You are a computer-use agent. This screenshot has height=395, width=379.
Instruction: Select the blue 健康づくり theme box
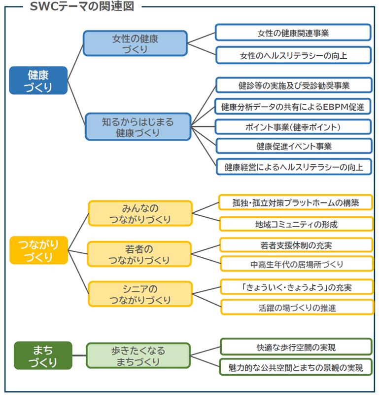(38, 80)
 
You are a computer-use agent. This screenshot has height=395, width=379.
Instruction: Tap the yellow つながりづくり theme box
(38, 250)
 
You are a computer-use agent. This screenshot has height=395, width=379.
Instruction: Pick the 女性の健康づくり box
(135, 43)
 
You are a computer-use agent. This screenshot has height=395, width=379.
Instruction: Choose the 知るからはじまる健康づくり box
(138, 126)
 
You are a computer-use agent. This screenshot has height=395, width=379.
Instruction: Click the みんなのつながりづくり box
(140, 213)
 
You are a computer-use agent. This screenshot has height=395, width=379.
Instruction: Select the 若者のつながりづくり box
(140, 254)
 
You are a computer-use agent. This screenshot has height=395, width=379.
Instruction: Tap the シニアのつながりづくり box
(140, 294)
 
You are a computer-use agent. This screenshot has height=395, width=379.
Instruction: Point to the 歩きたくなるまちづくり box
(138, 355)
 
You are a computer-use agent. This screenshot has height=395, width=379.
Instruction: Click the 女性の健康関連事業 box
(293, 33)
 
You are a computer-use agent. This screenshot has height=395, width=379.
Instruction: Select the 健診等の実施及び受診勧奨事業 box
(293, 84)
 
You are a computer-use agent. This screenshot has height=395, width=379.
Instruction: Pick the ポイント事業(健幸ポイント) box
(293, 126)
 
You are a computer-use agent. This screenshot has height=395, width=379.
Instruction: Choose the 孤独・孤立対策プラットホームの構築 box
(296, 202)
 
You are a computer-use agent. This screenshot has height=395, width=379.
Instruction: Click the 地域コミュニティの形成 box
(296, 224)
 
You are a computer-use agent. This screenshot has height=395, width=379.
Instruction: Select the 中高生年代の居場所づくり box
(296, 264)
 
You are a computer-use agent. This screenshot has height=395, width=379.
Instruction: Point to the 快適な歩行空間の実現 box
(296, 347)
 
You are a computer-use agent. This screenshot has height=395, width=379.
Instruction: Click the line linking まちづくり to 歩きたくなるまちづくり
(79, 355)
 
